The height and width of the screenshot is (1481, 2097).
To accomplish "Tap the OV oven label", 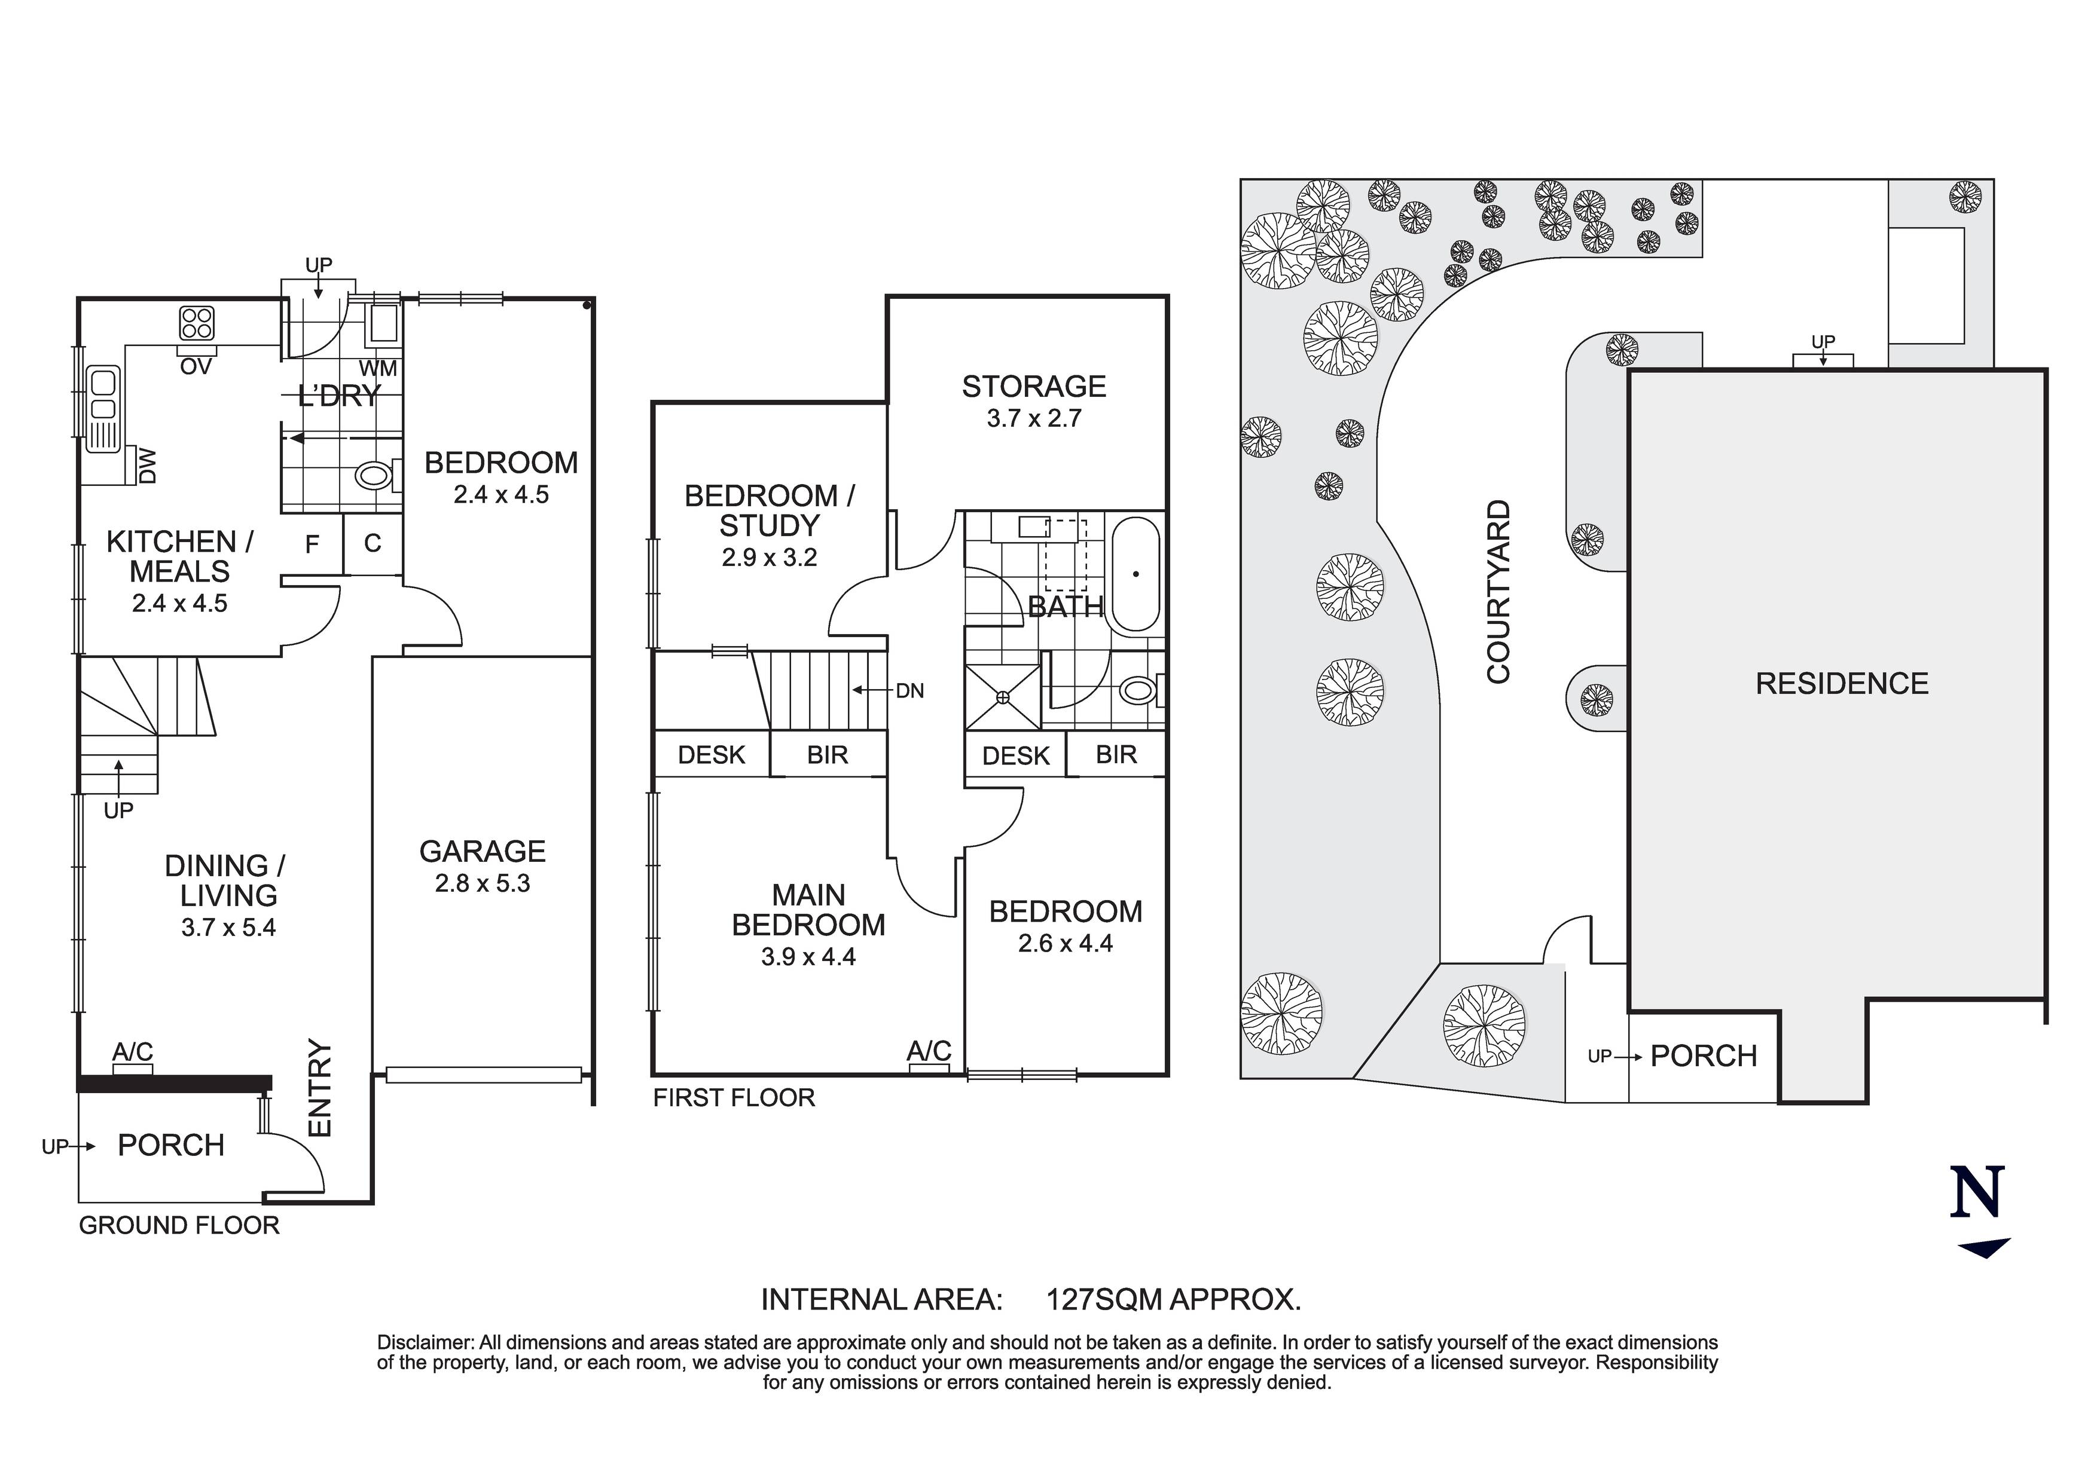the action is (x=196, y=367).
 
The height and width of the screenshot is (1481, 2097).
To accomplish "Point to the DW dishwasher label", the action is (x=147, y=466).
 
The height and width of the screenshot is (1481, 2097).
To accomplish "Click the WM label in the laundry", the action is (x=378, y=369).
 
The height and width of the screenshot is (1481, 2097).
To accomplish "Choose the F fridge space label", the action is (x=312, y=545).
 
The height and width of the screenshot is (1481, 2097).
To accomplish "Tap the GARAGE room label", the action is (x=482, y=852).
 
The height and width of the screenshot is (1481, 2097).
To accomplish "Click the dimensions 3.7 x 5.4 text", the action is (x=228, y=928).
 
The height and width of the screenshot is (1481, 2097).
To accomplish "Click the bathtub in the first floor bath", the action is (x=1136, y=574).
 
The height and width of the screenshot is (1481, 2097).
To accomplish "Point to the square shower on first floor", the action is (x=1003, y=697).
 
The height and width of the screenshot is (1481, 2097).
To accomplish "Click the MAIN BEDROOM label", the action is (x=808, y=910).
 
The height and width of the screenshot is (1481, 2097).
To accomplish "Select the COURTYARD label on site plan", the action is (x=1499, y=592).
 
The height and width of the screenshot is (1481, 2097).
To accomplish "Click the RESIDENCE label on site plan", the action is (x=1842, y=684).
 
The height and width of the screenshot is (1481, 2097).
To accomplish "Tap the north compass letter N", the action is (x=1977, y=1192).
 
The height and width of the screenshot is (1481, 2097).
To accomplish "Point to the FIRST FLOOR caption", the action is (x=734, y=1097).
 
